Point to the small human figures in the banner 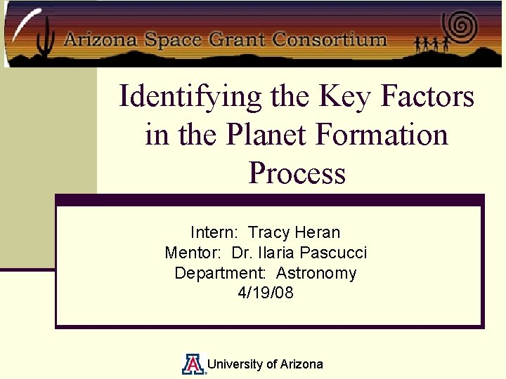coord(432,44)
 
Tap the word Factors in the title coord(427,96)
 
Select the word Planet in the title coord(266,134)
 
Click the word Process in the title coord(297,173)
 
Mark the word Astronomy coord(316,273)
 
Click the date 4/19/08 coord(266,293)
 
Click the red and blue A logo coord(193,364)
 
